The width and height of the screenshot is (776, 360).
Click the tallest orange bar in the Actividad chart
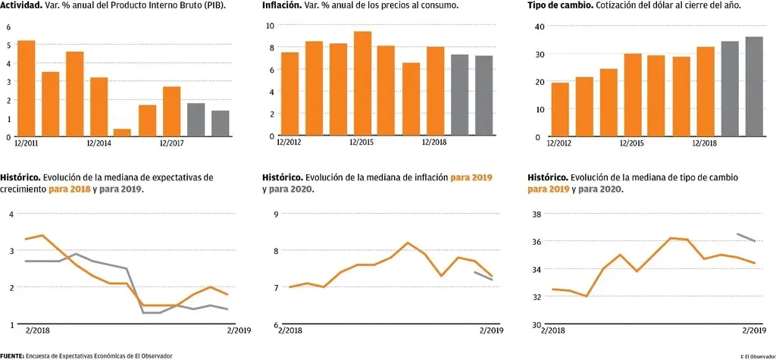coord(26,88)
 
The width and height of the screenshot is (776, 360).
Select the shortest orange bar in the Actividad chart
coord(123,133)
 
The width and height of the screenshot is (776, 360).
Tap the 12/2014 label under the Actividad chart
coord(100,143)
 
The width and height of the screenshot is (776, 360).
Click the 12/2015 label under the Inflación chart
coord(361,142)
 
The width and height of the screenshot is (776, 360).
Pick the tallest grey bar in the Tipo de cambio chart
coord(754,86)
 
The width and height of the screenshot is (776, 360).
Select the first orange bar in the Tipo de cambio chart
coord(560,109)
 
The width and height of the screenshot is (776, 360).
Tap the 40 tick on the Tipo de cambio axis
coord(540,27)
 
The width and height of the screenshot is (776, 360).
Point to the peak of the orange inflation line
coord(408,243)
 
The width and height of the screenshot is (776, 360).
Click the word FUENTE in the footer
coord(13,355)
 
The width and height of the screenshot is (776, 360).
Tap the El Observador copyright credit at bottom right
coord(757,355)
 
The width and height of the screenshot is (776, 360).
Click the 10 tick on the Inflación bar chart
coord(271,26)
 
